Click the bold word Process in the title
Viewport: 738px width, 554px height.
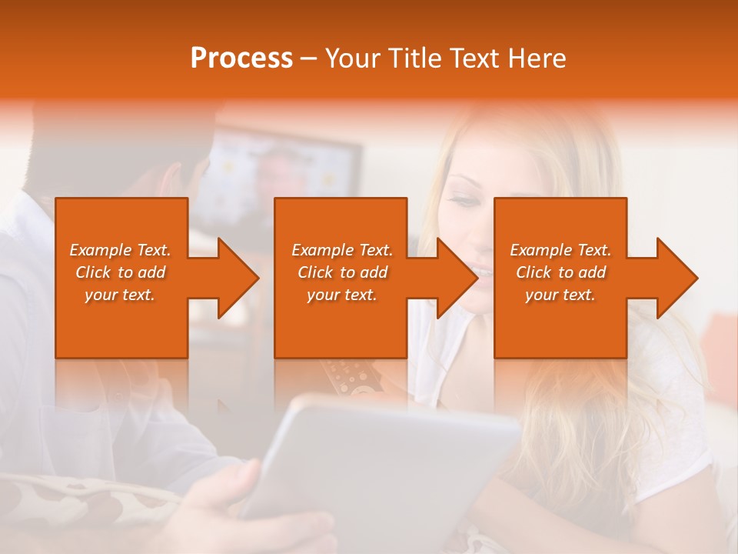[x=241, y=58]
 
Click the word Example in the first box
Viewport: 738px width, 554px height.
[x=100, y=250]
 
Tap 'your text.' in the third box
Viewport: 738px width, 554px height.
[x=560, y=295]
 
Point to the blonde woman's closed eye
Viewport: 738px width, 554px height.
[x=464, y=202]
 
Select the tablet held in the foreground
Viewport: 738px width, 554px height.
[x=384, y=462]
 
